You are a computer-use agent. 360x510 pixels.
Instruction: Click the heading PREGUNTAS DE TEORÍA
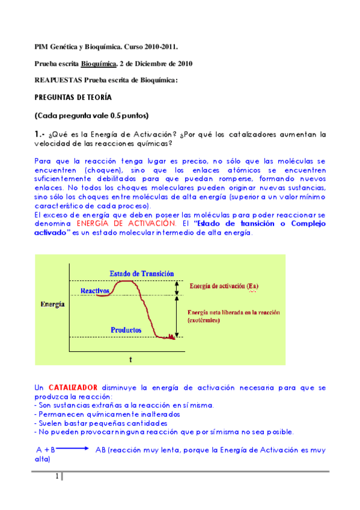click(x=73, y=97)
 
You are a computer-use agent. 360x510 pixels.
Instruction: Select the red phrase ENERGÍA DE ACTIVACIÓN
click(x=120, y=223)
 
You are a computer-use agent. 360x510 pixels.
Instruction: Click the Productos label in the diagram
click(x=126, y=330)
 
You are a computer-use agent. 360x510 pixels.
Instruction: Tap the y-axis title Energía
click(x=52, y=305)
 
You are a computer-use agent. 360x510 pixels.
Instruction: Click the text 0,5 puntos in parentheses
click(x=128, y=115)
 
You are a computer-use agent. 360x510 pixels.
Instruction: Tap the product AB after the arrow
click(x=100, y=449)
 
